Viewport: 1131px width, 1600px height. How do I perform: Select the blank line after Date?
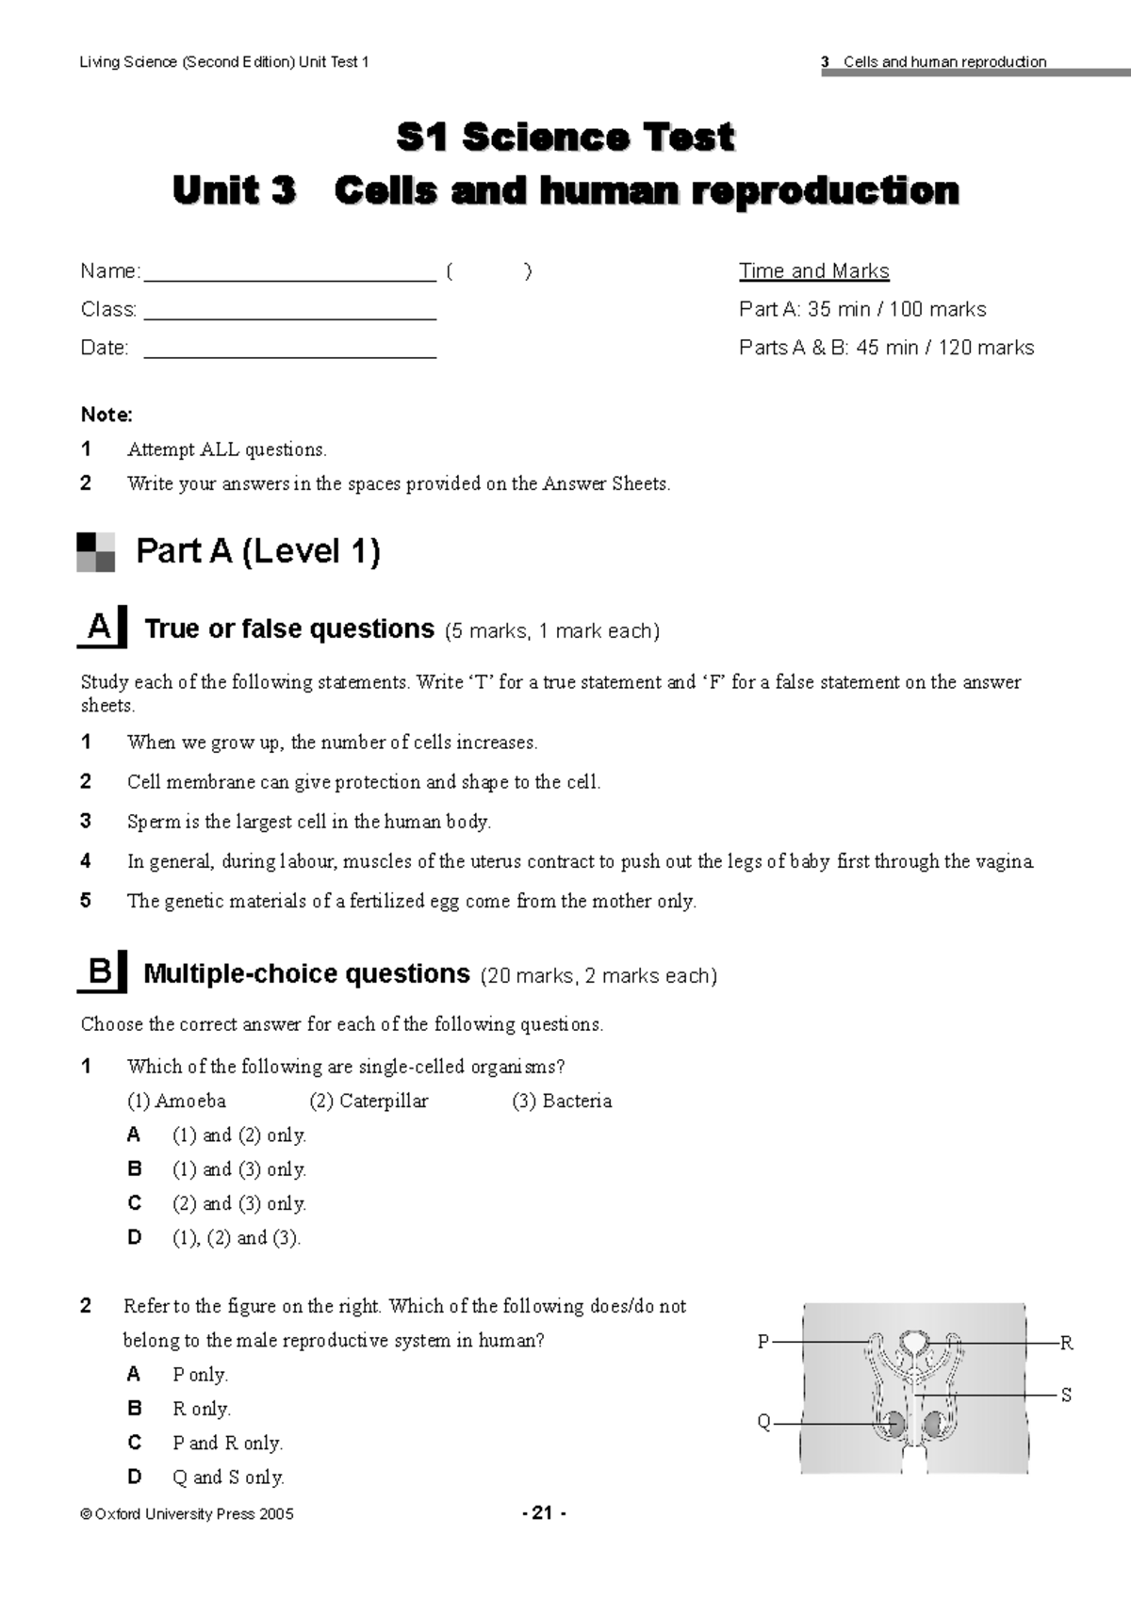point(288,355)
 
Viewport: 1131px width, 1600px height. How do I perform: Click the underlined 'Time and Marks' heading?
point(813,271)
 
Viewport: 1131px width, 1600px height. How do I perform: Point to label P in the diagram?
point(763,1342)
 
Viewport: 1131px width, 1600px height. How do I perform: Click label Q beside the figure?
point(763,1422)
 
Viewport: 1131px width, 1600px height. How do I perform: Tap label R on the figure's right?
point(1066,1343)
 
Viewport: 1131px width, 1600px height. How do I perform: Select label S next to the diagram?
point(1066,1395)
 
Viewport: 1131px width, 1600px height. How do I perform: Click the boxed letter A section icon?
point(101,628)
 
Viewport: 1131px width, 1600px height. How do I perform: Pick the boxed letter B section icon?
point(101,971)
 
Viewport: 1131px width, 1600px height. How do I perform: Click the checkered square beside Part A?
point(96,552)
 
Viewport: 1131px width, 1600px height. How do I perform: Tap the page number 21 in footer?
point(543,1513)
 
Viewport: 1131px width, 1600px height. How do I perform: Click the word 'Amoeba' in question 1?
point(190,1101)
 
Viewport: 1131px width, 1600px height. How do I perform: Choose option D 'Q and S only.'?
point(228,1477)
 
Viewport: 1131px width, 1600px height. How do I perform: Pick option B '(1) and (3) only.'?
point(238,1169)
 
